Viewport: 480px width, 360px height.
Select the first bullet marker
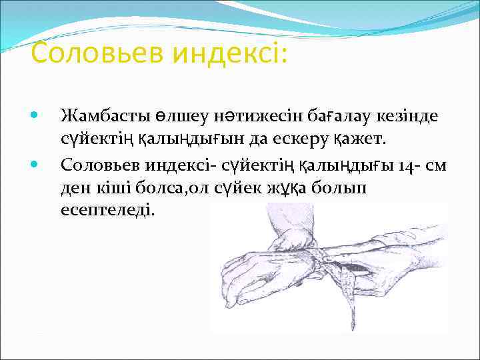click(35, 116)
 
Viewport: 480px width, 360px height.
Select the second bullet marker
click(35, 163)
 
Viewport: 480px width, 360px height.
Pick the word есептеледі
click(107, 211)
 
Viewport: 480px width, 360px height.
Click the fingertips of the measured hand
click(230, 280)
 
